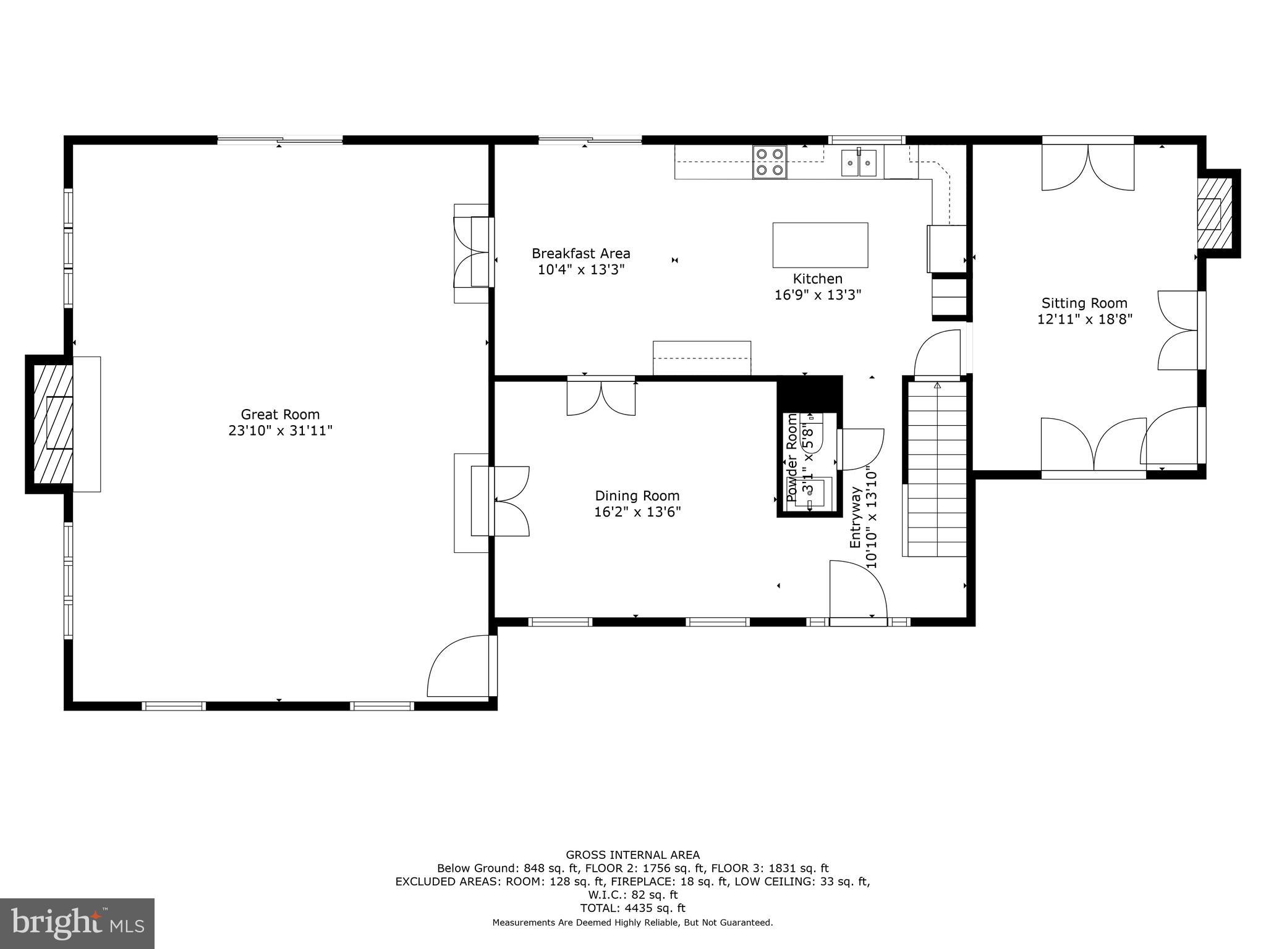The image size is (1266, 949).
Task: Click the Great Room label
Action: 280,415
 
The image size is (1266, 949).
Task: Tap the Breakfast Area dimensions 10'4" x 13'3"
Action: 581,270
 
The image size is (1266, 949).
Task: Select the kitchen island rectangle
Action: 820,245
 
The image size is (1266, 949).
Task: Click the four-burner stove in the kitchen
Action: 770,162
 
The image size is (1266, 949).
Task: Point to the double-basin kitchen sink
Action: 859,163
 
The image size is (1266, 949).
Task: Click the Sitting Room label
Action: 1084,303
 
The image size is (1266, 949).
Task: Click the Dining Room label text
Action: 637,496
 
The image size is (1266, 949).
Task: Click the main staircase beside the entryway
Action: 937,470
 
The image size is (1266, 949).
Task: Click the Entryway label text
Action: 856,518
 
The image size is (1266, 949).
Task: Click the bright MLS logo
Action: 77,923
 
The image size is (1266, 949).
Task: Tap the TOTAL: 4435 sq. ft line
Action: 632,908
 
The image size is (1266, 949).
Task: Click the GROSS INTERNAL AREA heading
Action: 632,855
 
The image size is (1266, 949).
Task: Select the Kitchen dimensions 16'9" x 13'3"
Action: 817,295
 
